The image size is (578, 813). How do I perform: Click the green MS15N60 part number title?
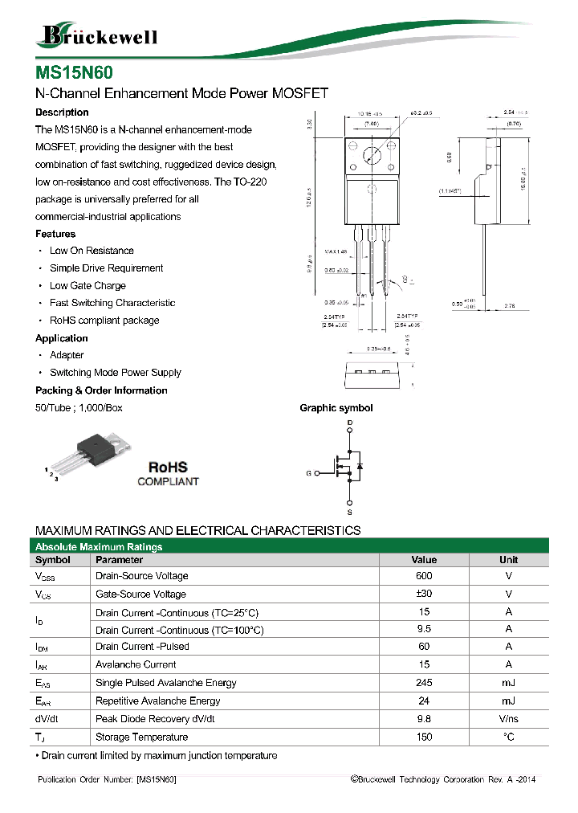[67, 73]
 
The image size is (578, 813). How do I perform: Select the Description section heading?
[62, 112]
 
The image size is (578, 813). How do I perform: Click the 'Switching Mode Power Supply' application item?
[116, 373]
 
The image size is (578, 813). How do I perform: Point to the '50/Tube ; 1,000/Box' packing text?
[79, 408]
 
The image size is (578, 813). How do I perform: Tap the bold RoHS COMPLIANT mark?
[168, 473]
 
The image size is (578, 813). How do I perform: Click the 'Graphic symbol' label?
[336, 408]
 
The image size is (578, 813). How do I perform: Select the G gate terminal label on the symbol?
[308, 473]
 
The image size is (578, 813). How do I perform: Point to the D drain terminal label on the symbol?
[349, 423]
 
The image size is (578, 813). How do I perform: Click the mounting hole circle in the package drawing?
[371, 156]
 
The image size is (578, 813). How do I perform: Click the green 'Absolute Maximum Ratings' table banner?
[99, 547]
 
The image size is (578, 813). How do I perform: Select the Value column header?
[424, 560]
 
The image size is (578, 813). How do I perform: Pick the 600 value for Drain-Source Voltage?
[424, 576]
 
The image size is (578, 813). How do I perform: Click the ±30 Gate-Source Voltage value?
[424, 594]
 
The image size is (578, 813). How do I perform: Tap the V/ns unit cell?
[508, 719]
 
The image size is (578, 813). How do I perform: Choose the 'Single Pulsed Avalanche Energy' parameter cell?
[165, 683]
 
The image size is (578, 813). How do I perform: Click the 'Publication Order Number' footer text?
[107, 780]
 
